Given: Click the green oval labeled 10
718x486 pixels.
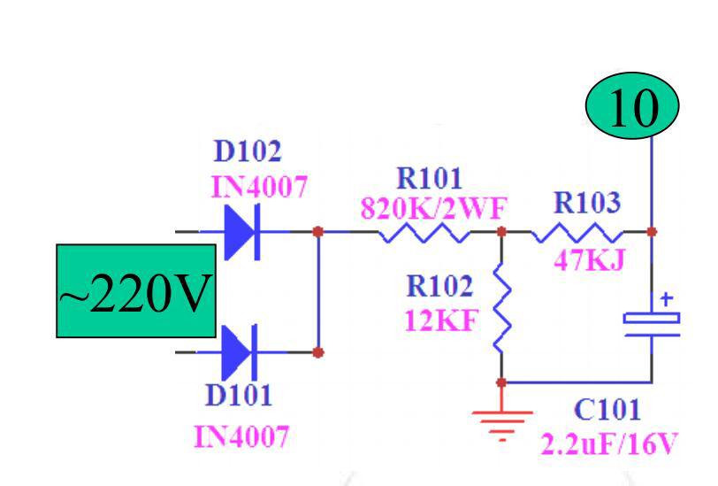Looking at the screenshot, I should point(631,108).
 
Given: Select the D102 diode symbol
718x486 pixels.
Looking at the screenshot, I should point(241,232).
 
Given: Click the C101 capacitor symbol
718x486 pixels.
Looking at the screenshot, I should point(652,322).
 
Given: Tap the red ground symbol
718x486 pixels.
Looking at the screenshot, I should point(501,421).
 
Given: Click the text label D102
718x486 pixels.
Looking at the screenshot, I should point(247,151).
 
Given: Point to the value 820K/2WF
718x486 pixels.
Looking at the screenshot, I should point(434,208).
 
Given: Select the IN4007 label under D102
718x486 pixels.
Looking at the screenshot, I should point(258,187).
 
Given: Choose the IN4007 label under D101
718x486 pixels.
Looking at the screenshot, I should point(241,436).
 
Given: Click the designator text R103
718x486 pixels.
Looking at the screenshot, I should point(586,203).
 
